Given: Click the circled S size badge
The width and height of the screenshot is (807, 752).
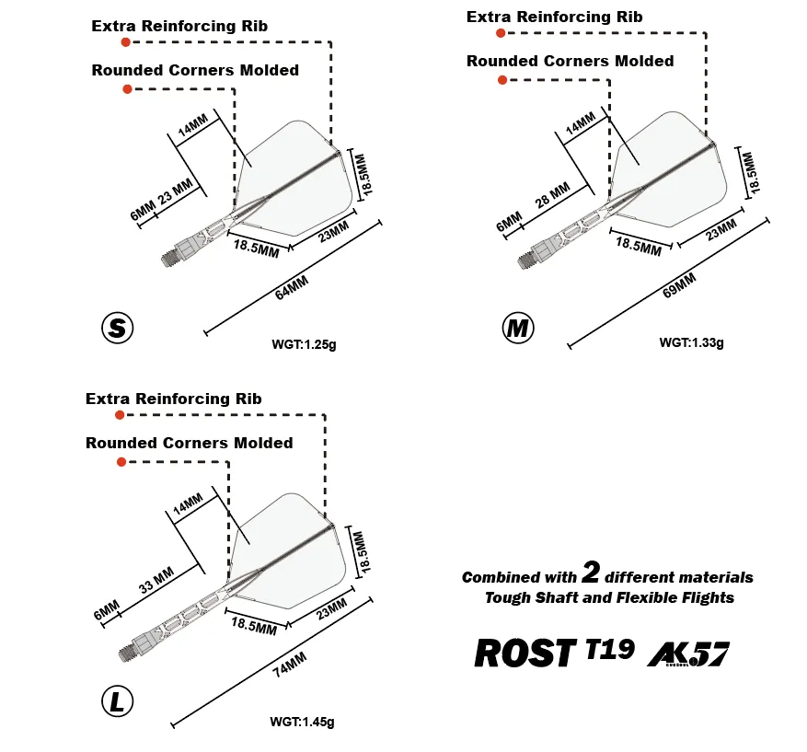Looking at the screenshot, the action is coord(118,328).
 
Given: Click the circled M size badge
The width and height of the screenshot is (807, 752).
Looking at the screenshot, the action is coord(518,328).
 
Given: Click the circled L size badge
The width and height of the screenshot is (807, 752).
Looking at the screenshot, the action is coord(118,701).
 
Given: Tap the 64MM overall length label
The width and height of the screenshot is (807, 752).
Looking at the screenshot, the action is coord(292,287).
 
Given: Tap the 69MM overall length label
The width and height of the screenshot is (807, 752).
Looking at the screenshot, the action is coord(679,285).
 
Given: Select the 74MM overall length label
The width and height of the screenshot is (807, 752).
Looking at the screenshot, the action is coord(290,665).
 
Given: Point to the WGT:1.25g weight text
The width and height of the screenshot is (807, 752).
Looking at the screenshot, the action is coord(304,344).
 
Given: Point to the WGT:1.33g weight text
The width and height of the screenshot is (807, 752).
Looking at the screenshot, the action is coord(691,342).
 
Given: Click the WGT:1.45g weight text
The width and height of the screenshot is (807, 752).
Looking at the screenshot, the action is coord(302,722).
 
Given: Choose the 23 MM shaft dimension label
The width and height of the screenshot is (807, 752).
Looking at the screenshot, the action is coord(176,191).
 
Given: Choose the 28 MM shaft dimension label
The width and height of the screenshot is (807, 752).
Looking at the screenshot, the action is coord(553,194).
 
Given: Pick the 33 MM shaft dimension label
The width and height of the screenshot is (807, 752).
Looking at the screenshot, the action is coord(156,580).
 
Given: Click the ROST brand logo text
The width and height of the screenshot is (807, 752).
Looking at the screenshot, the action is coord(525,653).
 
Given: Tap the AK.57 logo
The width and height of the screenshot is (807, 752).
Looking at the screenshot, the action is coord(688,654).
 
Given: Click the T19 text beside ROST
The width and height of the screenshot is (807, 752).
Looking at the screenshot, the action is coord(610,649).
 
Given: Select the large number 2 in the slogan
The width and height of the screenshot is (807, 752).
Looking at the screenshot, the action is coord(591,572).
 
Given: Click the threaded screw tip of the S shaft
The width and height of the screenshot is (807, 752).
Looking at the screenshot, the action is coord(168,258).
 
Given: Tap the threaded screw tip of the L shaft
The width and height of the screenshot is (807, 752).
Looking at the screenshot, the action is coord(126,653).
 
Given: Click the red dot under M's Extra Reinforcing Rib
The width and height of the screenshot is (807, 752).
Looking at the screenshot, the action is coord(501,33).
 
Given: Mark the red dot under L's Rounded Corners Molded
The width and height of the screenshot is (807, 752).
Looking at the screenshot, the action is coord(121,462).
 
